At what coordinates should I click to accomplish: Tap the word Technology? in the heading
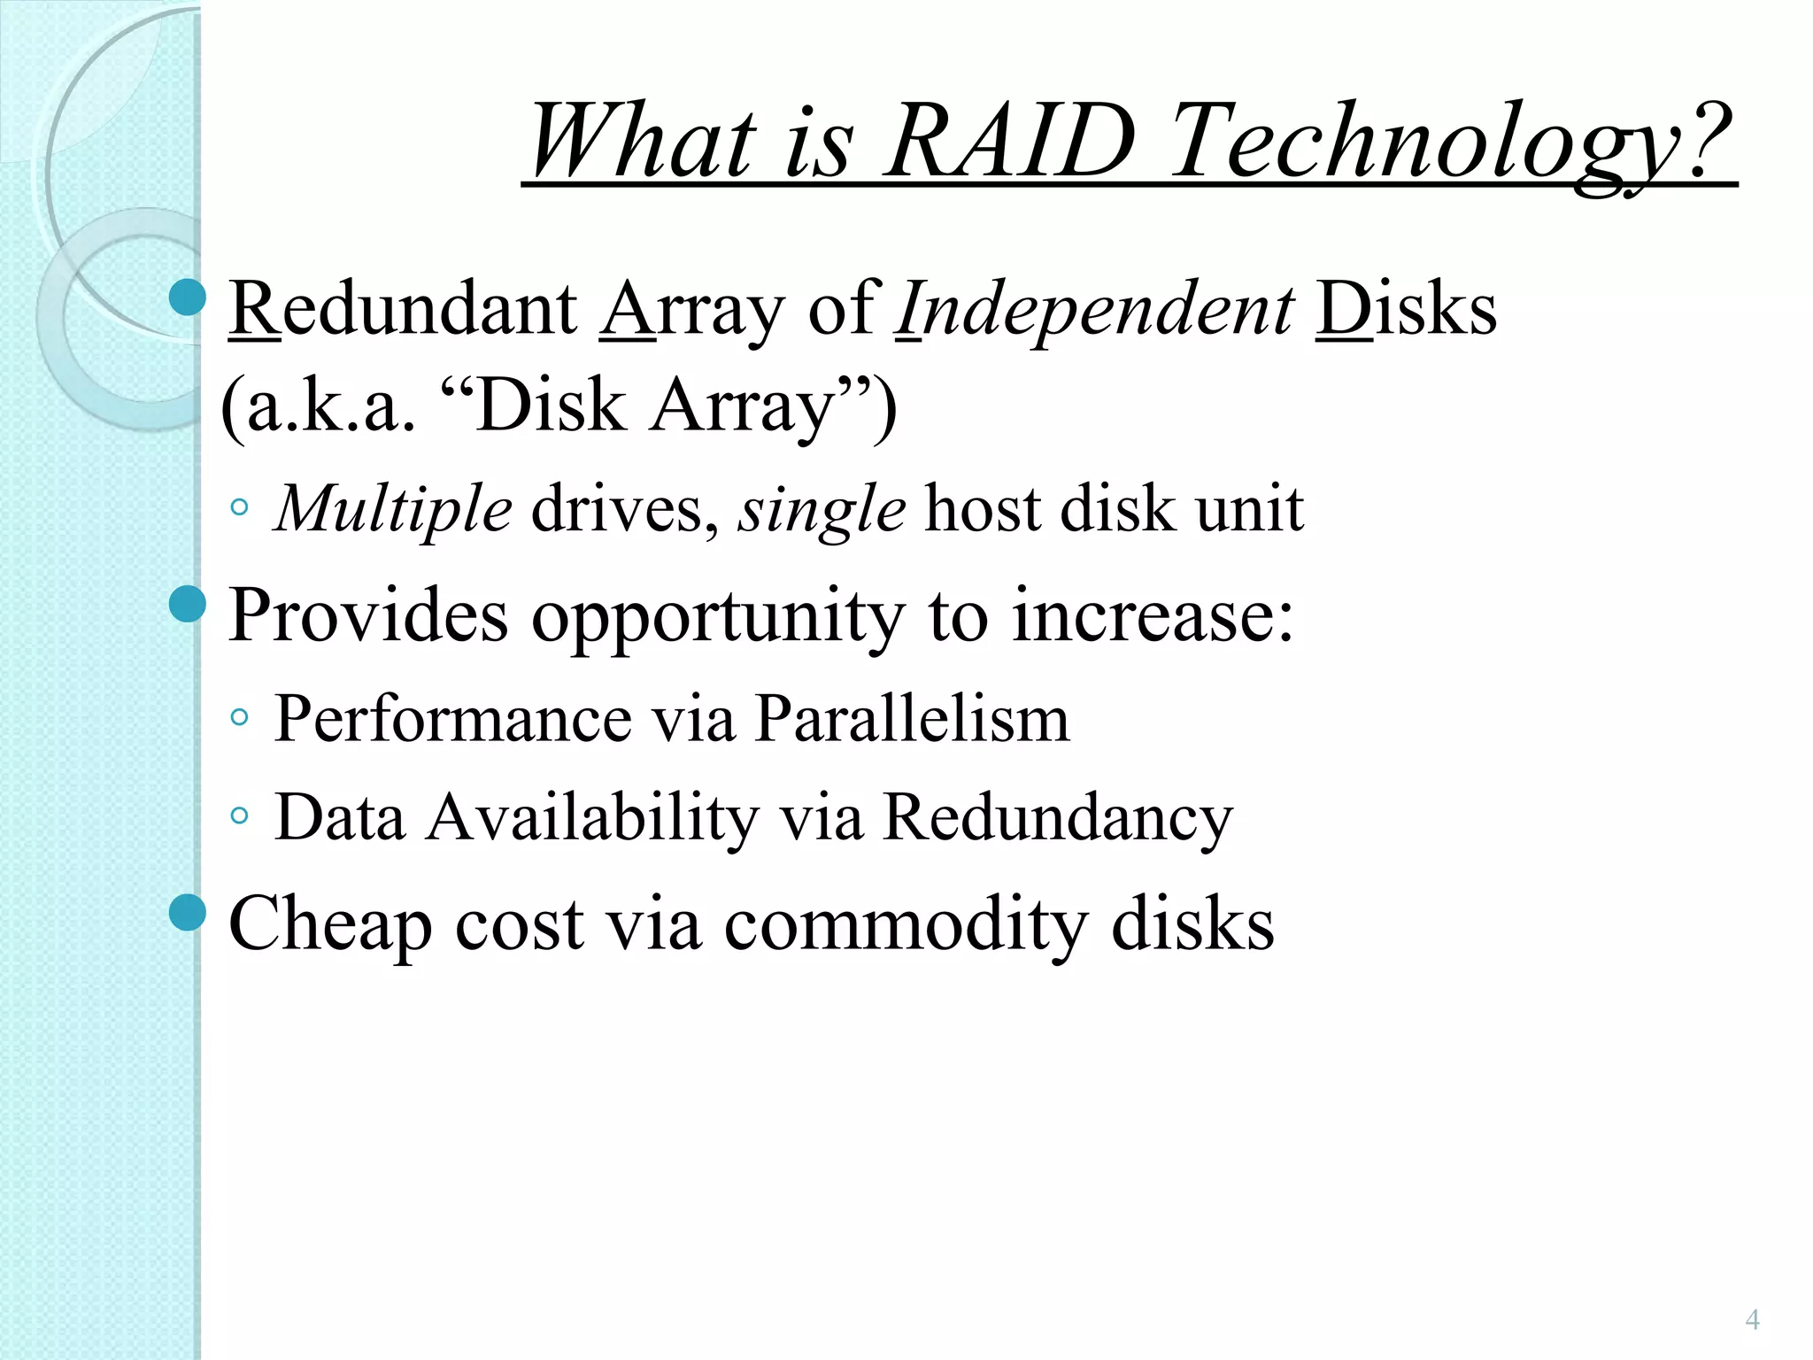(x=1452, y=142)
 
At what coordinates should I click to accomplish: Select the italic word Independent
(x=1095, y=309)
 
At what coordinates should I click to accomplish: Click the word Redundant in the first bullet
(x=403, y=309)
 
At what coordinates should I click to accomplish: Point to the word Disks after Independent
(x=1406, y=309)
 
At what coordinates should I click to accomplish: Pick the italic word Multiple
(x=393, y=509)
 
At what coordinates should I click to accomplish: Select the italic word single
(x=822, y=509)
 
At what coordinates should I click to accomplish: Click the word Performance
(x=453, y=718)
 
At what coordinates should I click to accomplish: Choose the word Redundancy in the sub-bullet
(x=1058, y=816)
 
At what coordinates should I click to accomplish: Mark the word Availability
(x=593, y=816)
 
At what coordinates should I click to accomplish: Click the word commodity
(x=905, y=924)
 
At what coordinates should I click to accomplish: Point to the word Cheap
(x=330, y=924)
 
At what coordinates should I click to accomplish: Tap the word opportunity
(x=718, y=615)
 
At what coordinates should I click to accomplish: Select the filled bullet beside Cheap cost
(x=187, y=913)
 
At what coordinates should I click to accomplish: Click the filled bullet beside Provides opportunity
(x=187, y=605)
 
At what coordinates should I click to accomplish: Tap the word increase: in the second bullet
(x=1153, y=615)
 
